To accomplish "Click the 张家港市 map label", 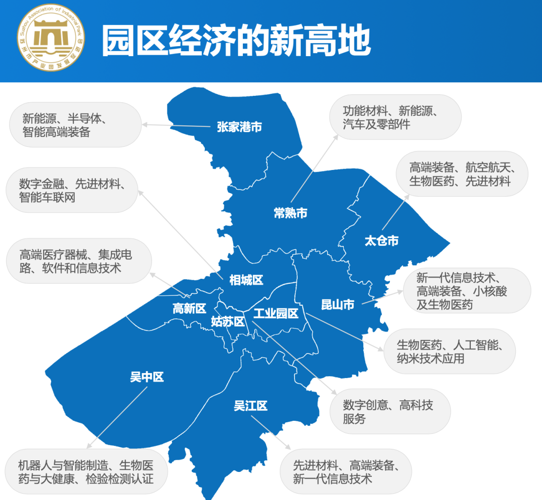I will pos(239,127).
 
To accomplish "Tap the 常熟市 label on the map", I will pos(290,213).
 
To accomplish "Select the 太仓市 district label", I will pos(381,241).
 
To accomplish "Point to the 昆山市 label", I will pos(338,304).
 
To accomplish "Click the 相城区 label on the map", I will pos(246,280).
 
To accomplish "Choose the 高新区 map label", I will pos(189,308).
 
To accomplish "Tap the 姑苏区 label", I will pos(227,321).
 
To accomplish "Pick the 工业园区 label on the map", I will pos(276,314).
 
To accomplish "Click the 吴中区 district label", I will pos(147,377).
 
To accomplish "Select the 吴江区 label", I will pos(250,406).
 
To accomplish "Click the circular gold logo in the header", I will pos(51,40).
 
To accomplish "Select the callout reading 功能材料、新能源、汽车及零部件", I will pos(395,117).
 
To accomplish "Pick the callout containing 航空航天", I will pos(461,174).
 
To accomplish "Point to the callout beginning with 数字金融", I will pos(71,190).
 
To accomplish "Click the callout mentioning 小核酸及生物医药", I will pos(466,290).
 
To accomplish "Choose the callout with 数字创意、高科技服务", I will pos(389,412).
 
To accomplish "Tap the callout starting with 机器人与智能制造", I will pos(85,471).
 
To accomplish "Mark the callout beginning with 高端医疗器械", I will pos(78,261).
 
